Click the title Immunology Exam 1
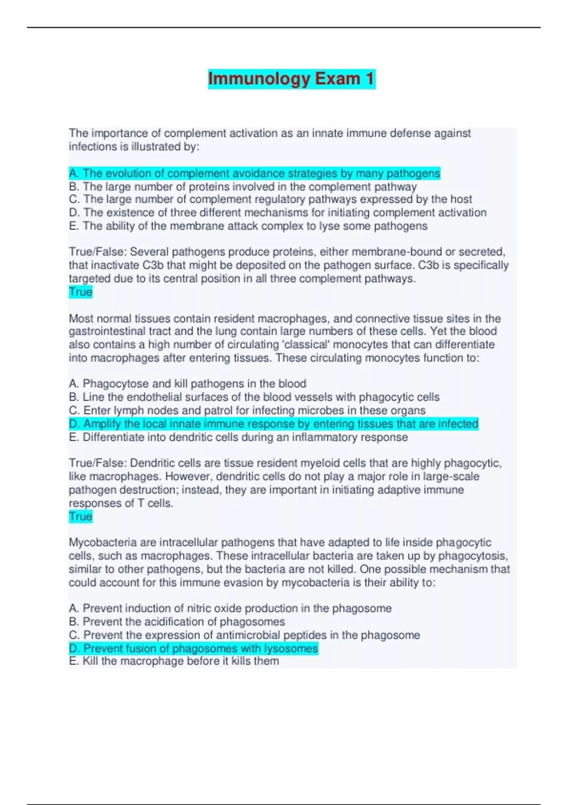coord(291,79)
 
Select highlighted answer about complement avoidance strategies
coord(254,173)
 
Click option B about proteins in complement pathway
coord(242,187)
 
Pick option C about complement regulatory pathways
coord(270,199)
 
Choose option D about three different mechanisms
coord(277,213)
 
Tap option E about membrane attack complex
coord(248,226)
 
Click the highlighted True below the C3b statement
coord(80,292)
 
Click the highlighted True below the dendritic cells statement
coord(80,516)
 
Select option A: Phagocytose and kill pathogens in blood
coord(187,384)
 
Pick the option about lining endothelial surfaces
coord(254,397)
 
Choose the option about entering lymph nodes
coord(247,410)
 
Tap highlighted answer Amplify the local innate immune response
coord(273,423)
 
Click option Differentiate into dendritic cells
coord(238,437)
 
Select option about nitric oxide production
coord(230,608)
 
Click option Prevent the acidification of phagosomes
coord(177,621)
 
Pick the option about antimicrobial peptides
coord(244,635)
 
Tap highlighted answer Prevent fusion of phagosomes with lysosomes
coord(193,648)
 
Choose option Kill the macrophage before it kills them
coord(173,661)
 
